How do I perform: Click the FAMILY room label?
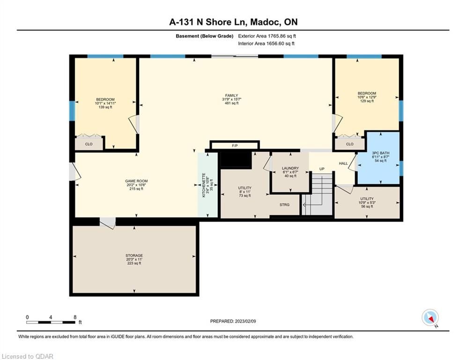pos(231,96)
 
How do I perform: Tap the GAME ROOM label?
pos(136,181)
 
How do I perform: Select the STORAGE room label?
pos(134,255)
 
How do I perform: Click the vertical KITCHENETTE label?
pos(204,185)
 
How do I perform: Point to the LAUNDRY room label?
pos(290,168)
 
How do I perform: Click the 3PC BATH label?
pos(380,153)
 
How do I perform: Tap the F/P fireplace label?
pos(235,146)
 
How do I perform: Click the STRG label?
pos(284,205)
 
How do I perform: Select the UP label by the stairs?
pos(322,169)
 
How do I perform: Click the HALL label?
pos(343,163)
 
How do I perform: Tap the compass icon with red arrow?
pos(430,317)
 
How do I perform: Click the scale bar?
pos(51,322)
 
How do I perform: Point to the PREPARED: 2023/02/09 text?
pos(233,321)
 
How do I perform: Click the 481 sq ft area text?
pos(231,103)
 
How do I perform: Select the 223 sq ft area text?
pos(134,263)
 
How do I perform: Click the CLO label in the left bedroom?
pos(89,144)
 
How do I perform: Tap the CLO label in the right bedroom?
pos(350,144)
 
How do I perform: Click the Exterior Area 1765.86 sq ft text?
pos(267,36)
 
